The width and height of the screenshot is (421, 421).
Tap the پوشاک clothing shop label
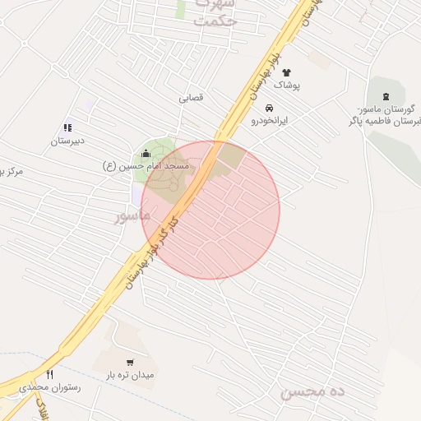click(x=286, y=86)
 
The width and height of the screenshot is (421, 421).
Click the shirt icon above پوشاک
click(x=286, y=72)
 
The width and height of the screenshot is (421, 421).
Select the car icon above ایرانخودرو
click(x=269, y=108)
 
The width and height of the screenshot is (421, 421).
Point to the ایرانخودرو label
click(x=269, y=120)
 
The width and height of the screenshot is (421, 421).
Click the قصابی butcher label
click(x=191, y=97)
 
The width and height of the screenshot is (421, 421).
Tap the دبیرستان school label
click(x=67, y=141)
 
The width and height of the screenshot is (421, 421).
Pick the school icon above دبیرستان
click(x=67, y=127)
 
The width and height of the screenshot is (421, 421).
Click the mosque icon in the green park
click(x=146, y=153)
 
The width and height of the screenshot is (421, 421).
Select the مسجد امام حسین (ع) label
click(x=146, y=166)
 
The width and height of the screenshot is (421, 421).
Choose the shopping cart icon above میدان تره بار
click(x=130, y=363)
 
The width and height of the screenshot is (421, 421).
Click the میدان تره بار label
click(x=130, y=375)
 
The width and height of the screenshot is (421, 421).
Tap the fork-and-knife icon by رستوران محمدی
click(x=49, y=375)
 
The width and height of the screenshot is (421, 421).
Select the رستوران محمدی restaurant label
click(x=48, y=386)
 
